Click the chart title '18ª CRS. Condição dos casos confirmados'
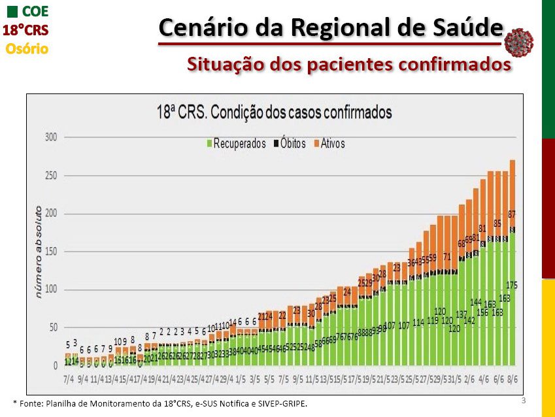(274, 112)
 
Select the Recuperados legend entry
(236, 144)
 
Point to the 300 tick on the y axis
(51, 138)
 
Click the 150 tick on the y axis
(51, 252)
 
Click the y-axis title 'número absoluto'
(39, 252)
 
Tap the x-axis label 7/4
(68, 378)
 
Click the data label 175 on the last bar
(513, 285)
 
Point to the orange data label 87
(513, 214)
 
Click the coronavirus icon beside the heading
(519, 42)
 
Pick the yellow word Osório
(27, 48)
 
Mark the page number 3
(524, 399)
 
